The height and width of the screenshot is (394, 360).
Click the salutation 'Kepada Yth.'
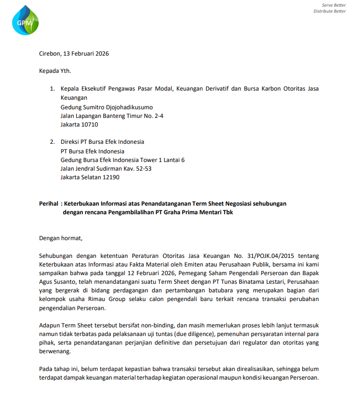click(x=55, y=71)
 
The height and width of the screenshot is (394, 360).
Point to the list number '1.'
click(x=53, y=89)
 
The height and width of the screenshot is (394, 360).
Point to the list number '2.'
click(x=53, y=142)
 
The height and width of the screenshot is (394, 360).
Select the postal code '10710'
click(x=90, y=125)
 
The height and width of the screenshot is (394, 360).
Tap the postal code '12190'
click(x=110, y=177)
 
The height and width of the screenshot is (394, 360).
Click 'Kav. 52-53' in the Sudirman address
click(x=137, y=169)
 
